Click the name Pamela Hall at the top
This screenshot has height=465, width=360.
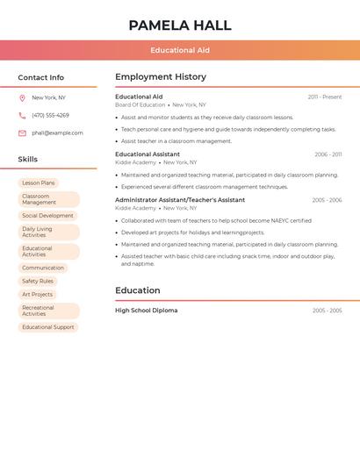[180, 25]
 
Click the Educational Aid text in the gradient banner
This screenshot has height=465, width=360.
[180, 50]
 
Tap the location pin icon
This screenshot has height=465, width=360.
[22, 98]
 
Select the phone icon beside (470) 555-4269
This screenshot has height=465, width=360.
[22, 116]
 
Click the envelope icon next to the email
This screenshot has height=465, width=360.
[22, 133]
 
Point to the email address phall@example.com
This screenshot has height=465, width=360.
[57, 133]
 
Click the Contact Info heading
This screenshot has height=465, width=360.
[41, 77]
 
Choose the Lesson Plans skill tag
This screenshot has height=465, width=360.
[39, 183]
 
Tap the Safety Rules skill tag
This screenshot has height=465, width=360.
[38, 282]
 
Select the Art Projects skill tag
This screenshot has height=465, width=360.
[38, 295]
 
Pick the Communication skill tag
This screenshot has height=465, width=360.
[43, 268]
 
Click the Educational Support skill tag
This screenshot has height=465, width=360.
[48, 327]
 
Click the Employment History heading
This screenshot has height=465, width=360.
[161, 77]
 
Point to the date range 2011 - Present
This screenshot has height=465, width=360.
[325, 97]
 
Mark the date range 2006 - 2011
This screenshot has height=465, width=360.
[328, 154]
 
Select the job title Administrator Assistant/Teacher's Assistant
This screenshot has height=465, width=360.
[180, 200]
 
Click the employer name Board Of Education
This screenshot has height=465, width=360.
[140, 105]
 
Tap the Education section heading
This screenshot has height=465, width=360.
[138, 290]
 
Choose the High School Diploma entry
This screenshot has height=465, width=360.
[146, 311]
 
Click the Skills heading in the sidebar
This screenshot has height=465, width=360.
[28, 160]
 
